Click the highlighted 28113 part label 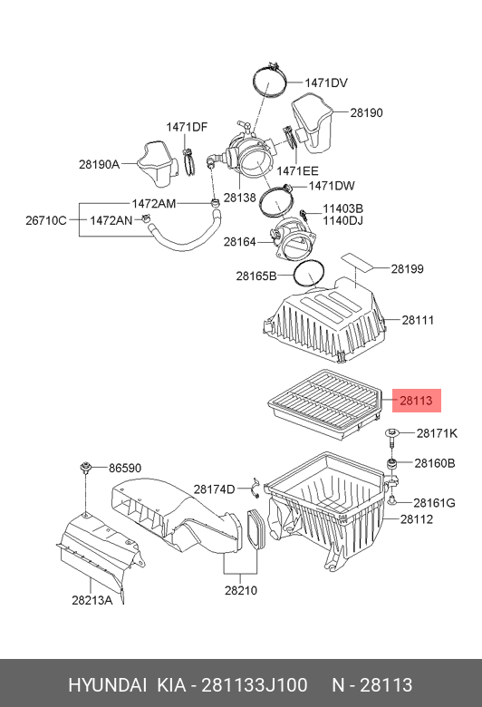(x=416, y=401)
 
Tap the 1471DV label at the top (x=326, y=83)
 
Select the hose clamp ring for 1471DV (x=270, y=82)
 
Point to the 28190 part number (x=367, y=112)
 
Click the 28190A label (x=99, y=165)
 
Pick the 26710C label (x=45, y=220)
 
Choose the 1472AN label (x=111, y=220)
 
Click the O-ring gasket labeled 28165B (x=309, y=274)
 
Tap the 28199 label (x=407, y=269)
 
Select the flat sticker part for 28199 (x=357, y=261)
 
